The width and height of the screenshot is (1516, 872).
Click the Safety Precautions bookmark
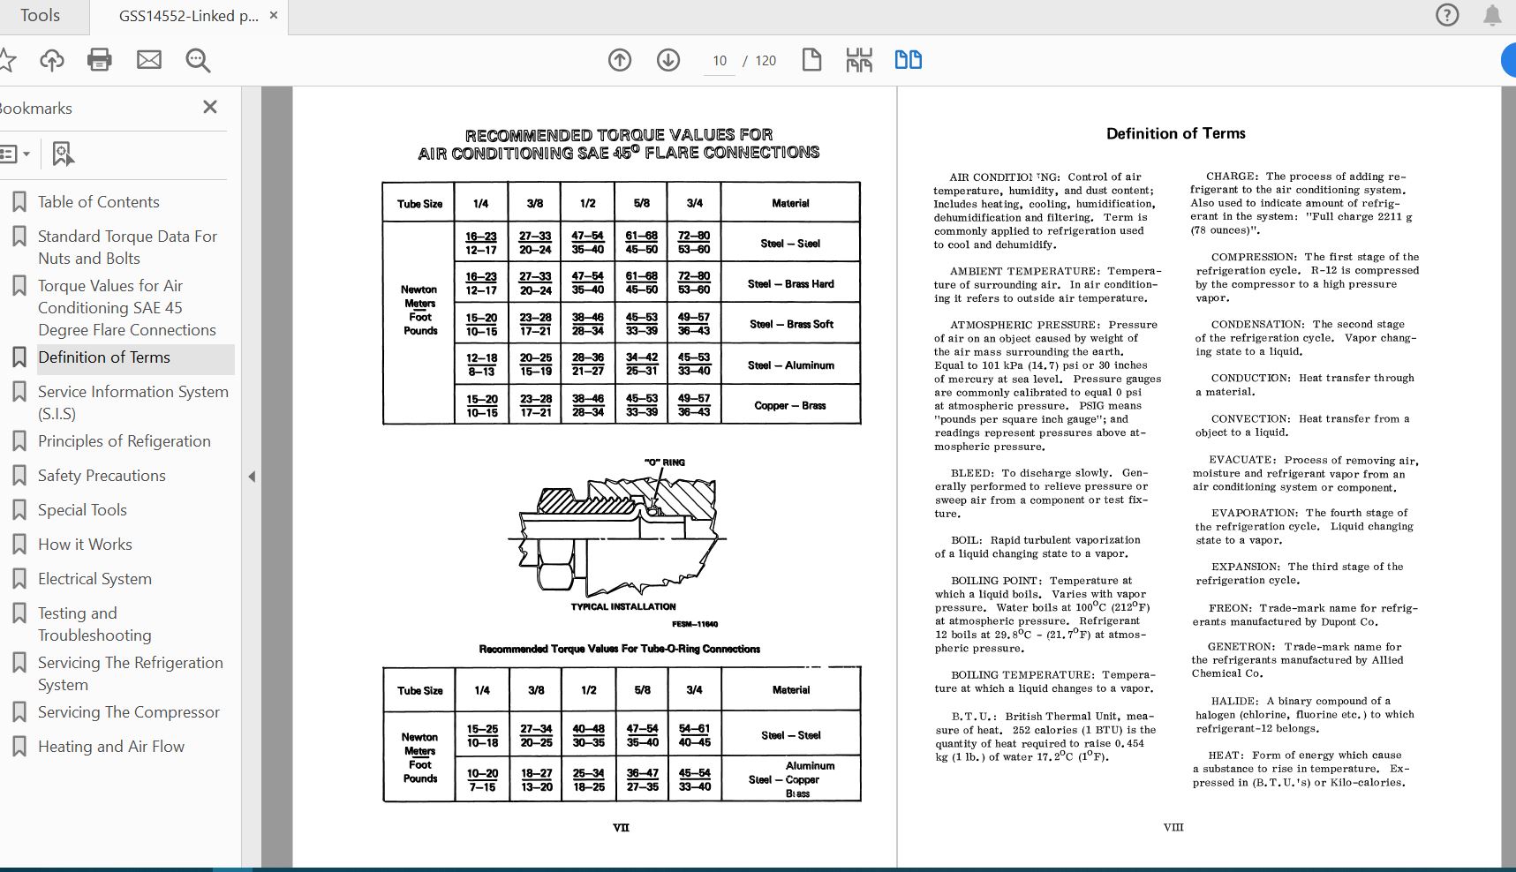click(102, 476)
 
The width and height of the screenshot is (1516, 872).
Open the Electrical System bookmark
click(94, 579)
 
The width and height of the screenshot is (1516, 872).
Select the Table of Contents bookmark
click(98, 202)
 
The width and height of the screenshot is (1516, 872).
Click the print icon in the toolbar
click(100, 60)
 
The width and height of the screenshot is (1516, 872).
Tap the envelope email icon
click(149, 60)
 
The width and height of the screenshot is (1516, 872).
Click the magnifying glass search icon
click(198, 60)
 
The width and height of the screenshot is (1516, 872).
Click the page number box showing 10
click(720, 60)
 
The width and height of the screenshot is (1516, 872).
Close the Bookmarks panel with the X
click(210, 107)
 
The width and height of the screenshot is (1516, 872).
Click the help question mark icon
click(1447, 15)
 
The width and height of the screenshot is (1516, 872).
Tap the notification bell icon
click(1492, 15)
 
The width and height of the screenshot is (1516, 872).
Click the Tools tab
click(41, 16)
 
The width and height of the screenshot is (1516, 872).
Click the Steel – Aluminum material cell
click(790, 365)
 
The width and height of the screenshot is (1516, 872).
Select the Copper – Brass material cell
click(790, 406)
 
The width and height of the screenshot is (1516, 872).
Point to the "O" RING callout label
click(664, 462)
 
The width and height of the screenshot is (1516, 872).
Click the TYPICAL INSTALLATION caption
click(623, 607)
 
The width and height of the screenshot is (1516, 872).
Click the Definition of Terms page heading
click(1176, 133)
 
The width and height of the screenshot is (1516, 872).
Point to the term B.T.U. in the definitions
click(974, 717)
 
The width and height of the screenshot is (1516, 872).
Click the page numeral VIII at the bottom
click(1173, 828)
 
